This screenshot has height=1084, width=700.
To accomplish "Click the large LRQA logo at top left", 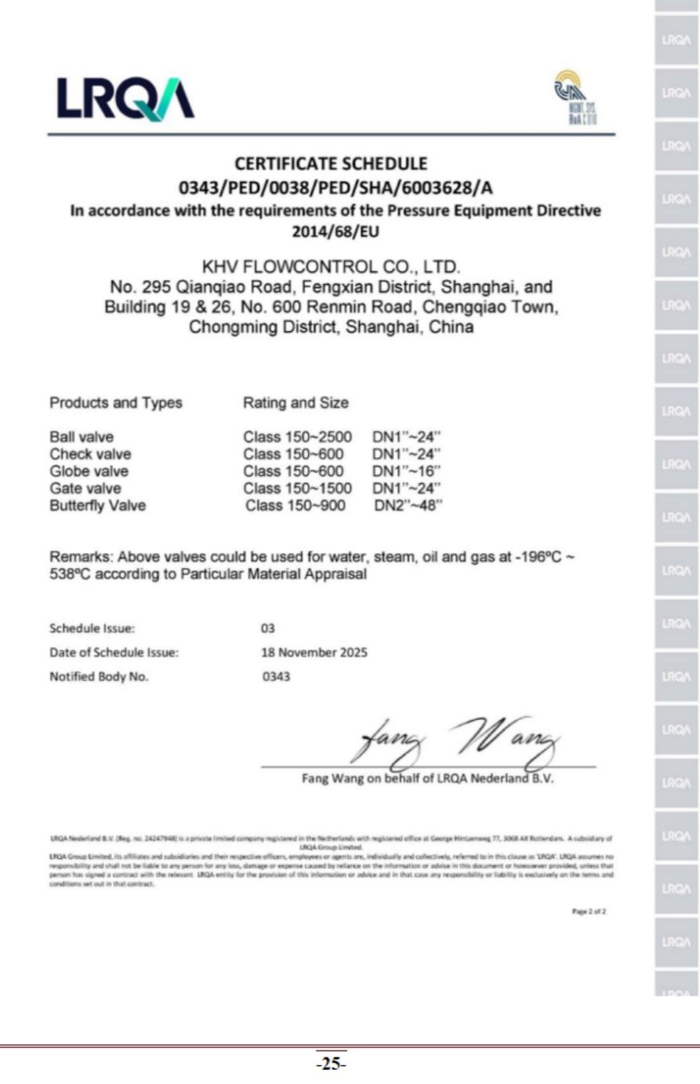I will pos(125,99).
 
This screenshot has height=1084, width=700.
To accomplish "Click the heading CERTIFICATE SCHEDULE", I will pos(331,164).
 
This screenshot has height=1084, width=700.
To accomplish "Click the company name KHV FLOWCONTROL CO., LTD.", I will pos(332,267).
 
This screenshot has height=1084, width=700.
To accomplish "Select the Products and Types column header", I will pos(115,403).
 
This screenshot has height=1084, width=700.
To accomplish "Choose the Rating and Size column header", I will pos(296,403).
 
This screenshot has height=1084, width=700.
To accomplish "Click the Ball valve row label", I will pos(82,437).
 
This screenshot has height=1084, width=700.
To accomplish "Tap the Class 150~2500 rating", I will pos(297,437).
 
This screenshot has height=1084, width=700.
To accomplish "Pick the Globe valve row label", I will pos(89,471).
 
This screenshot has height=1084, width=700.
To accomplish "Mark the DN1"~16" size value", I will pos(406,471).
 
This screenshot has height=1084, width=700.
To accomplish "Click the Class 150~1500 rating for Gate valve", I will pos(297,489).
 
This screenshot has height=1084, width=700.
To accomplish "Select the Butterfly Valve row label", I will pos(97,506).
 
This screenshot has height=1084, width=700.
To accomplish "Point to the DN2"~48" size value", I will pos(408,506).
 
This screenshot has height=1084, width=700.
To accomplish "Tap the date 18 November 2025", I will pos(314,653).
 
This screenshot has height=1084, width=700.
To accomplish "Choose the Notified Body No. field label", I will pos(99,677).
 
